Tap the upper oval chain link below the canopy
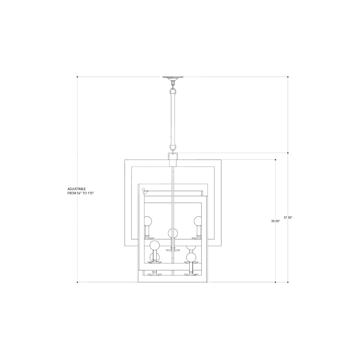pos(173,92)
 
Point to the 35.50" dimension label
pos(275,221)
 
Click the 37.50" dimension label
pos(288,217)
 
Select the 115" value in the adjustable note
pos(91,193)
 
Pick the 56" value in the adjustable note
pos(80,193)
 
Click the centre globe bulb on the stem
pos(173,234)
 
